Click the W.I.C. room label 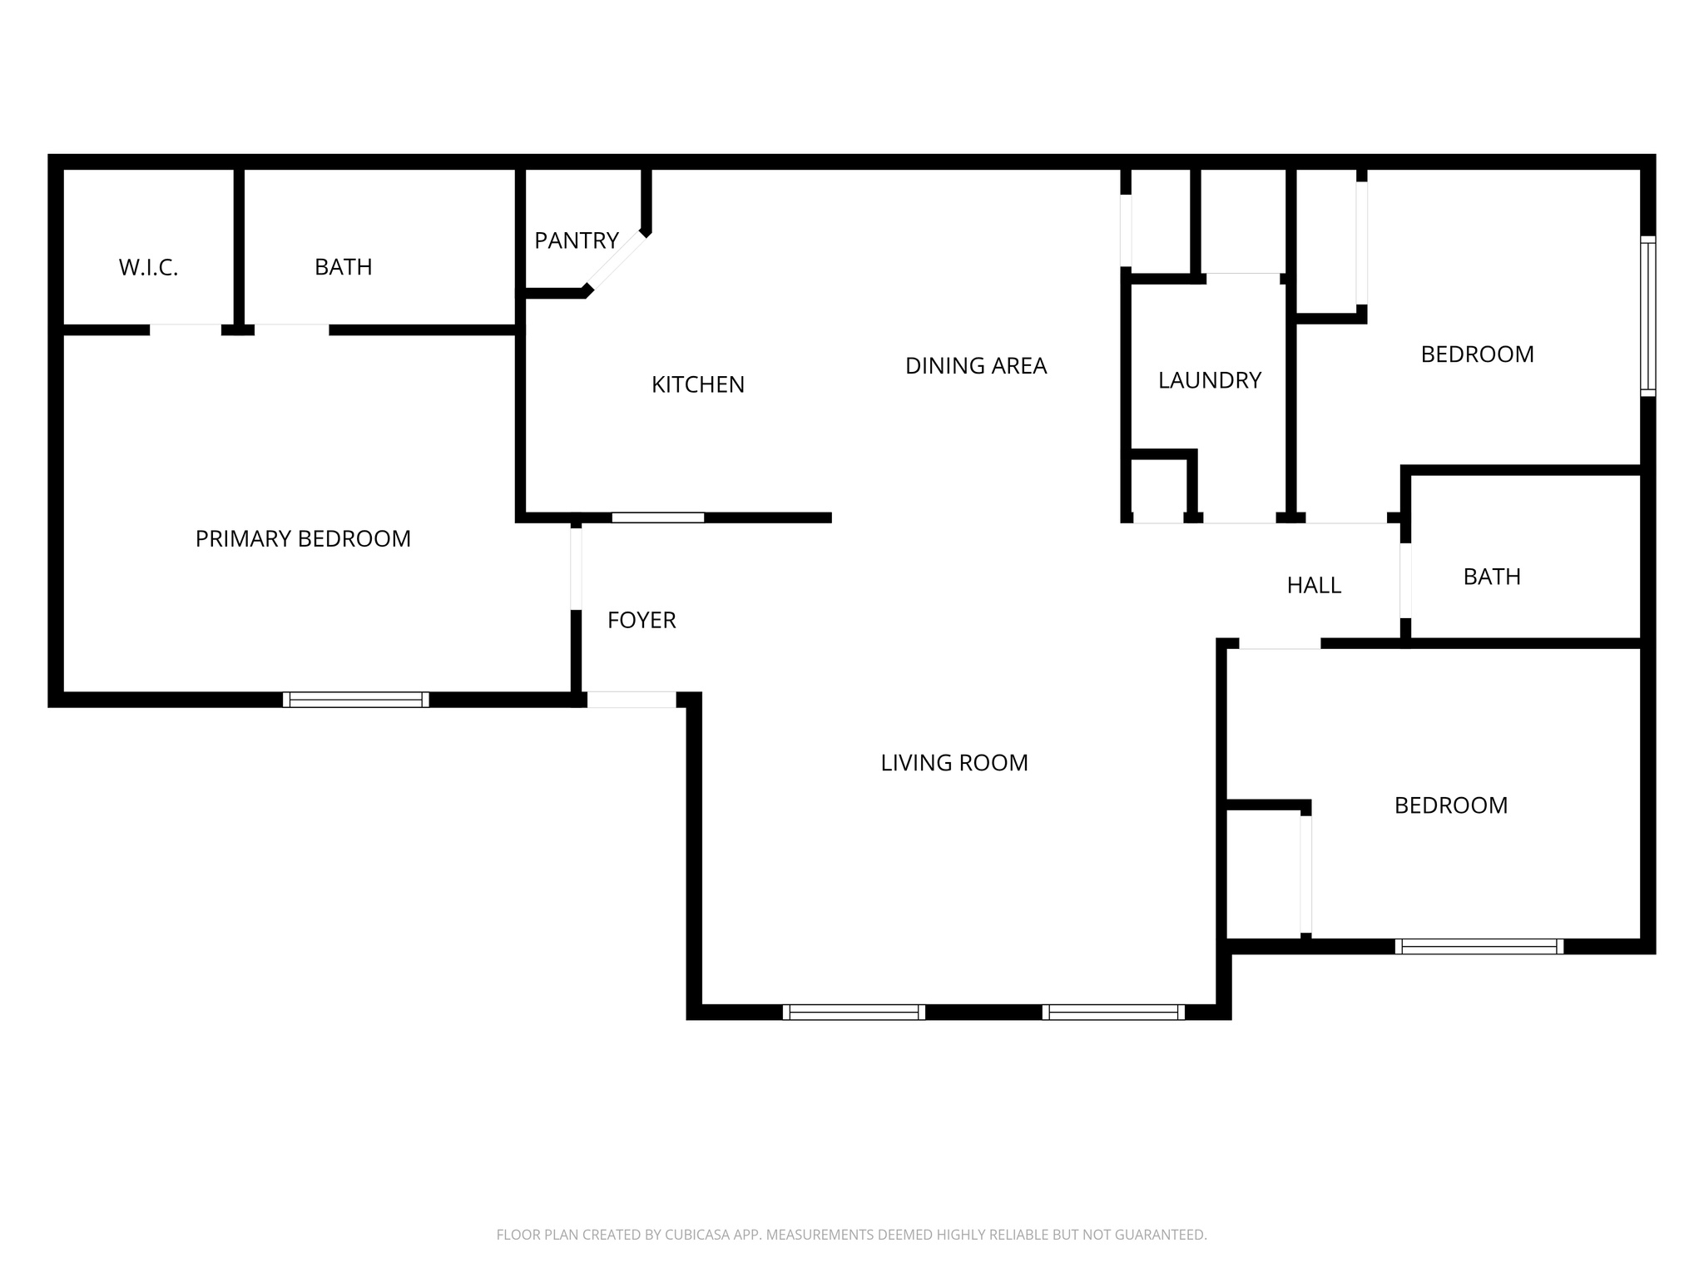[x=148, y=268]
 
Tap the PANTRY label [x=576, y=241]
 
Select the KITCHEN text [x=697, y=384]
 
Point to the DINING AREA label [x=975, y=366]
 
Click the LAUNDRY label [x=1209, y=380]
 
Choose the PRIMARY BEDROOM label [x=303, y=539]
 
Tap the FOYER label [x=641, y=620]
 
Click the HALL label [x=1313, y=586]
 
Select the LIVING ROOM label [x=954, y=763]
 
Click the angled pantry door [x=616, y=261]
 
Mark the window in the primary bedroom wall [x=355, y=700]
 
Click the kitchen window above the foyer [x=657, y=518]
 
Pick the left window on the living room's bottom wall [x=854, y=1012]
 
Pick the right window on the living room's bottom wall [x=1113, y=1012]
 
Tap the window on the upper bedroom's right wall [x=1647, y=316]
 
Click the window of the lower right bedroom [x=1479, y=946]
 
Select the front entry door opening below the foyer [x=632, y=700]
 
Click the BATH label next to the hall [x=1491, y=577]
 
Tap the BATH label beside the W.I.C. [x=343, y=267]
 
